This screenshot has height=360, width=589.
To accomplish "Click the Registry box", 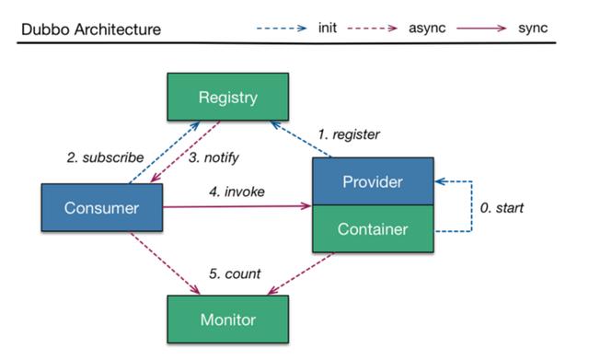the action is (x=228, y=97).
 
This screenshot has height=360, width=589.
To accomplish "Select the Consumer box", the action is (x=102, y=207).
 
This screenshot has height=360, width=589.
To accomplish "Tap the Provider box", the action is (x=373, y=181).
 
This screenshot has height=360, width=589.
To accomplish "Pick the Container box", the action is (x=373, y=229).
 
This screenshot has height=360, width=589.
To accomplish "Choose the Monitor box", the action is (x=228, y=319).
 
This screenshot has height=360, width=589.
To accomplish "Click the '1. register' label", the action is (x=349, y=134).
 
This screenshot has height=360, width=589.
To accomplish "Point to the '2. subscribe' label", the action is (x=105, y=157).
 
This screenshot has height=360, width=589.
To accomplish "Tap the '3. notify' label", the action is (x=214, y=157).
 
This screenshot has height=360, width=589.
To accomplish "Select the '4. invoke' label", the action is (x=237, y=192).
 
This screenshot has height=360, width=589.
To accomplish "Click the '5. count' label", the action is (x=235, y=273).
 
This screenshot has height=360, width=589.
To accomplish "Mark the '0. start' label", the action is (x=502, y=208).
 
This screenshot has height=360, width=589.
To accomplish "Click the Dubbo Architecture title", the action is (x=91, y=29).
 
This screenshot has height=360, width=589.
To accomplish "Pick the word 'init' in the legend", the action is (x=328, y=28).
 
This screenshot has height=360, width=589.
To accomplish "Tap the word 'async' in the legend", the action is (x=427, y=29).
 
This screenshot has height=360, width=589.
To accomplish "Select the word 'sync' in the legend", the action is (x=533, y=29).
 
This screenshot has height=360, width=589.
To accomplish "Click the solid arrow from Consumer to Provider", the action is (x=237, y=206).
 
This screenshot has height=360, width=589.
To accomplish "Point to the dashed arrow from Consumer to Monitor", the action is (x=166, y=263).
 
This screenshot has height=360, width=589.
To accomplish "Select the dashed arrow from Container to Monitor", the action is (x=301, y=273).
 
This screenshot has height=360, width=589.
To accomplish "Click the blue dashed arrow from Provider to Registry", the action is (x=301, y=139).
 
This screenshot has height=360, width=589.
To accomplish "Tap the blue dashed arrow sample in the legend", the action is (x=282, y=29).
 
